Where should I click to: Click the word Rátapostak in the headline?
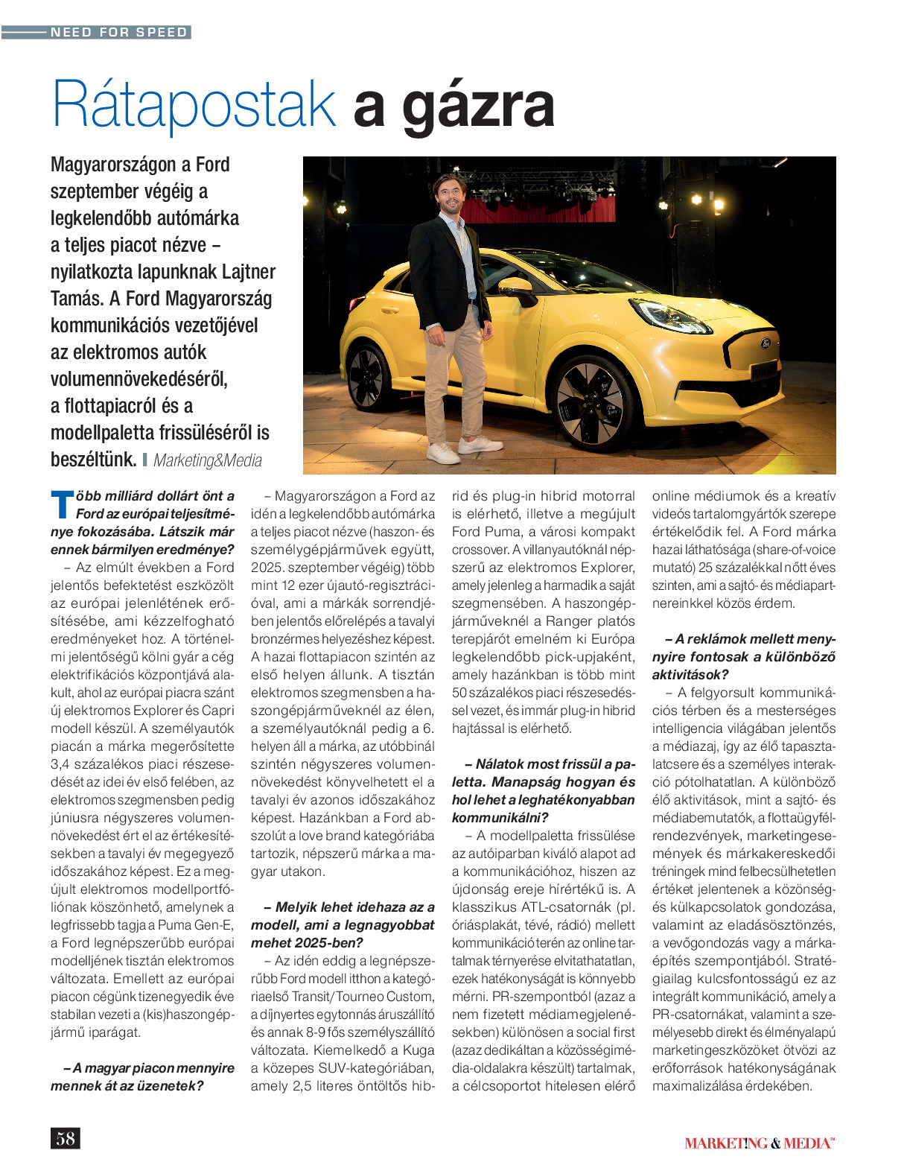(x=194, y=105)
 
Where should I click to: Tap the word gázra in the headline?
(x=479, y=107)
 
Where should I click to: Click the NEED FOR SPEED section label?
(x=118, y=32)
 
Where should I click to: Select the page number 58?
(x=66, y=1137)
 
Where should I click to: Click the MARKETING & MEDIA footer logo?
(x=759, y=1143)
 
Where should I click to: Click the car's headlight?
(x=669, y=316)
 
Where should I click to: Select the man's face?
(x=449, y=194)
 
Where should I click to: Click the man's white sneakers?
(x=462, y=448)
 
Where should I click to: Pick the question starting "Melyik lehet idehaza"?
(x=343, y=924)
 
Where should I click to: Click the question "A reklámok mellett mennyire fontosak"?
(x=744, y=656)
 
